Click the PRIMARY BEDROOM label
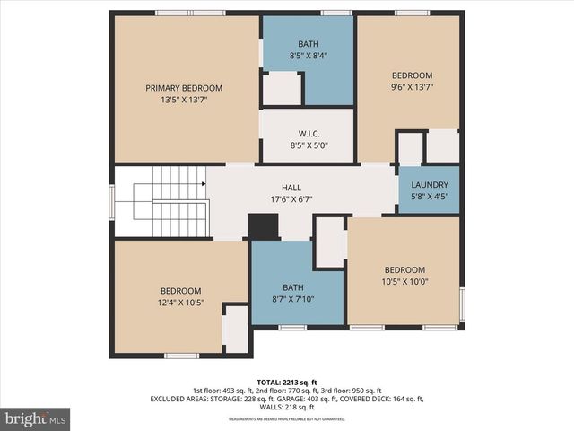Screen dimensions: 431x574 (x=184, y=88)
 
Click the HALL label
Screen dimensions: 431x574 (x=291, y=188)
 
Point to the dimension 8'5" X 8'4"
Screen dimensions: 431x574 (x=308, y=56)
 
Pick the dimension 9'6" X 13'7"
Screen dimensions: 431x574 (x=412, y=88)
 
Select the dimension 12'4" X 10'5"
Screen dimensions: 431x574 (x=180, y=303)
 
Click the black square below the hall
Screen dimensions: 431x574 (x=263, y=226)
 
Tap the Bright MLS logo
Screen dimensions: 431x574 (x=35, y=418)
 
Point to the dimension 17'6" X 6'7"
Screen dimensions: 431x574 (x=291, y=199)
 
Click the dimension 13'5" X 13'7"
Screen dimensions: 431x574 (x=184, y=101)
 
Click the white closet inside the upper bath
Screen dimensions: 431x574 (x=281, y=89)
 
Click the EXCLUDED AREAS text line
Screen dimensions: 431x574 (x=287, y=399)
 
